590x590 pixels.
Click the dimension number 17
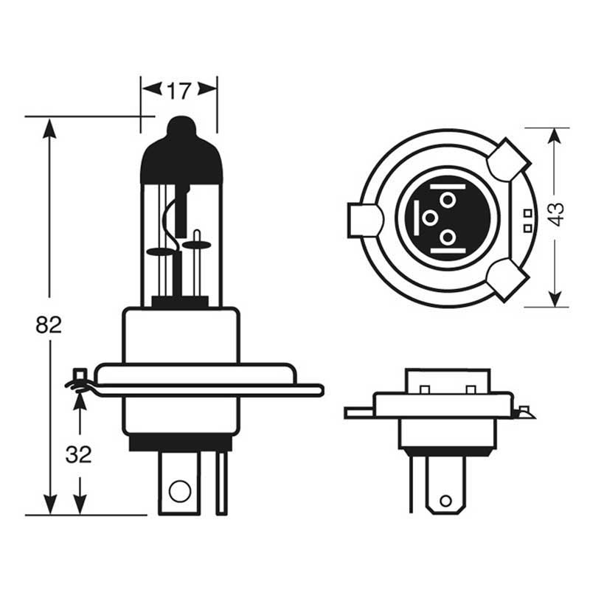(179, 91)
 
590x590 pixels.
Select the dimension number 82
(49, 324)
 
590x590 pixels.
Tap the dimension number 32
(78, 454)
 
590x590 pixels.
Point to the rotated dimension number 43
(557, 215)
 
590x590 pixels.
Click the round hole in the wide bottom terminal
(180, 491)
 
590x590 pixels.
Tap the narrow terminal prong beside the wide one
(222, 483)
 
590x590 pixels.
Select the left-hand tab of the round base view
(364, 221)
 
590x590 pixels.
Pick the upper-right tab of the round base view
(509, 159)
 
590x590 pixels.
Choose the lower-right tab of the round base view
(506, 281)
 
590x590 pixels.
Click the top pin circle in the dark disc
(448, 199)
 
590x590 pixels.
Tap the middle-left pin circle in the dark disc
(430, 218)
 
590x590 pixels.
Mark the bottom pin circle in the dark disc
(448, 237)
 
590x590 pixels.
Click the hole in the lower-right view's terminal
(445, 502)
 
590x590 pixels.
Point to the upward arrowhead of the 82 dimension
(49, 128)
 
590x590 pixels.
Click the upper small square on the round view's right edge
(528, 213)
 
